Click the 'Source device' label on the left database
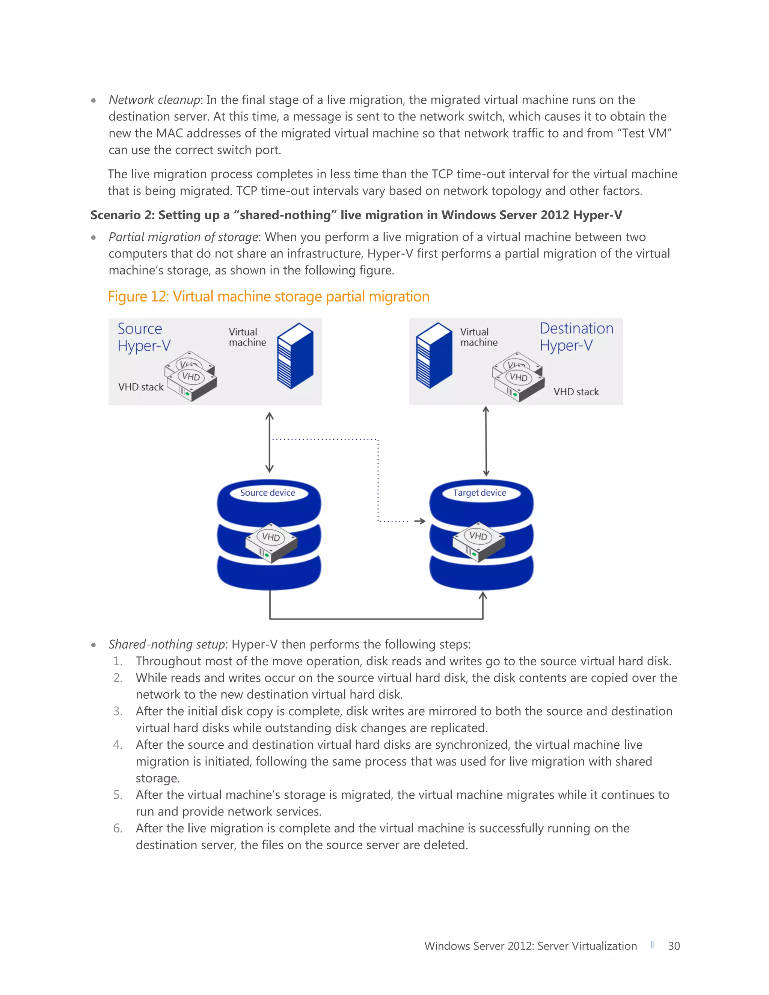pyautogui.click(x=267, y=493)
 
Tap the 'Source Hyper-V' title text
pyautogui.click(x=143, y=337)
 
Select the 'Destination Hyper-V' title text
pyautogui.click(x=576, y=337)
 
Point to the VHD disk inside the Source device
pyautogui.click(x=271, y=543)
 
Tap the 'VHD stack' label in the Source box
pyautogui.click(x=141, y=387)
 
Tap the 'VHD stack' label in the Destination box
pyautogui.click(x=576, y=392)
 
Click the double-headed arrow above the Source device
pyautogui.click(x=269, y=442)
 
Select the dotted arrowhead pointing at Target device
pyautogui.click(x=421, y=521)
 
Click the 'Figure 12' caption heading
pyautogui.click(x=268, y=297)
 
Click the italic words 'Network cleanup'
pyautogui.click(x=154, y=100)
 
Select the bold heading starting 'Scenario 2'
pyautogui.click(x=356, y=215)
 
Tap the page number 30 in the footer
pyautogui.click(x=674, y=946)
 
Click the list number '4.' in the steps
pyautogui.click(x=118, y=745)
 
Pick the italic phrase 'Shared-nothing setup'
pyautogui.click(x=166, y=644)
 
